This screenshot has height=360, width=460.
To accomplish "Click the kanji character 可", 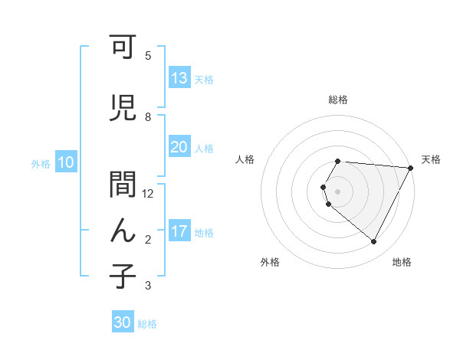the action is (x=123, y=49).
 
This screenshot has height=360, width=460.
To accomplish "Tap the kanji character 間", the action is (x=123, y=186).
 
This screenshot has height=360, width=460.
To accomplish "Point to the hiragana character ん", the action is (x=123, y=231).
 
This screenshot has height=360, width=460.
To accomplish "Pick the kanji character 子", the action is (x=123, y=277).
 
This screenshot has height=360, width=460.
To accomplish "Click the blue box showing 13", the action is (x=179, y=79).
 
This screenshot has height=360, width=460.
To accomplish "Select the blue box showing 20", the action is (x=179, y=148).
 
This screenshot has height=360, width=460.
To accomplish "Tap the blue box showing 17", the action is (x=179, y=232).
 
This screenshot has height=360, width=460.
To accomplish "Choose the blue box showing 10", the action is (x=66, y=162).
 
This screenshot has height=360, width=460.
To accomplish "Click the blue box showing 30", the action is (x=123, y=323).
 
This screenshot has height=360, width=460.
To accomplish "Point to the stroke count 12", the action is (x=148, y=194).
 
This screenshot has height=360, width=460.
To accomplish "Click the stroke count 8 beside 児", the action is (x=148, y=117).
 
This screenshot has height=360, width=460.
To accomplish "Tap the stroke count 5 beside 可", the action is (x=148, y=56).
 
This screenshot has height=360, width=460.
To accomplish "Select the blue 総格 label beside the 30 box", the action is (x=147, y=324).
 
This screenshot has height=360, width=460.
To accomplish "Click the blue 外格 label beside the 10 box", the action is (x=40, y=163).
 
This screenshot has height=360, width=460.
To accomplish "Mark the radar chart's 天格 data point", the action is (x=410, y=168).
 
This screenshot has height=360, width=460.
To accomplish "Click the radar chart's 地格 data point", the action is (x=374, y=242).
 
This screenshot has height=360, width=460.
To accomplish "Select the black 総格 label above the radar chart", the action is (x=338, y=100).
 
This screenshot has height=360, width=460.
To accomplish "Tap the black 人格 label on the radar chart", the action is (x=245, y=159).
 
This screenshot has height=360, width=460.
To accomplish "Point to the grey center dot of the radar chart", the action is (x=338, y=191).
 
